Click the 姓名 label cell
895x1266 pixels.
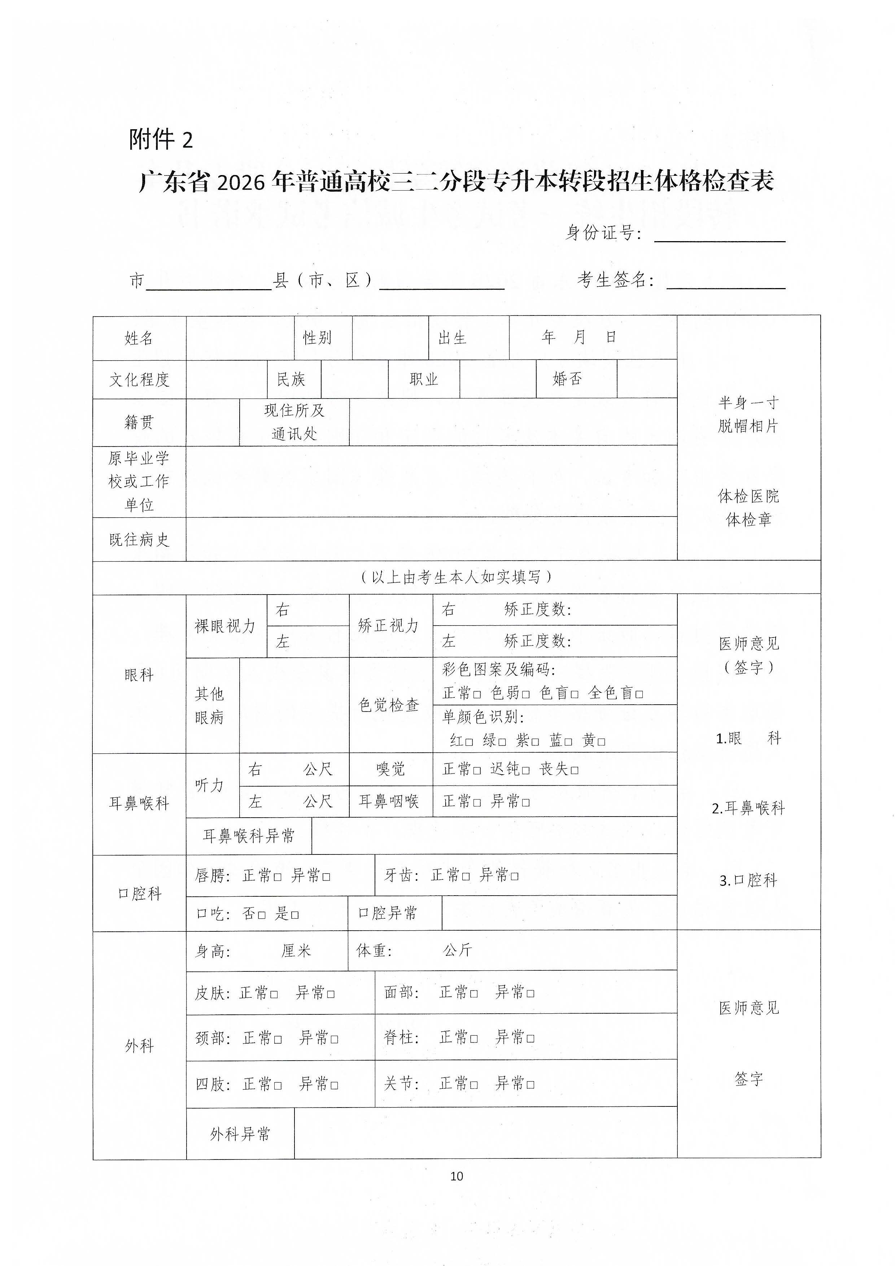[x=139, y=338]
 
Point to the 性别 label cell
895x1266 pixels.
[x=318, y=338]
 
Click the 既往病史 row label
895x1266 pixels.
[x=139, y=540]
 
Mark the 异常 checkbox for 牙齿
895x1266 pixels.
[x=515, y=876]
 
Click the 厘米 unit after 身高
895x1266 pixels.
[x=297, y=950]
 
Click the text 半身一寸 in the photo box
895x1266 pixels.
[x=748, y=403]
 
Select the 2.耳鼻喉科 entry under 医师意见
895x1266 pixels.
[x=748, y=808]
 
